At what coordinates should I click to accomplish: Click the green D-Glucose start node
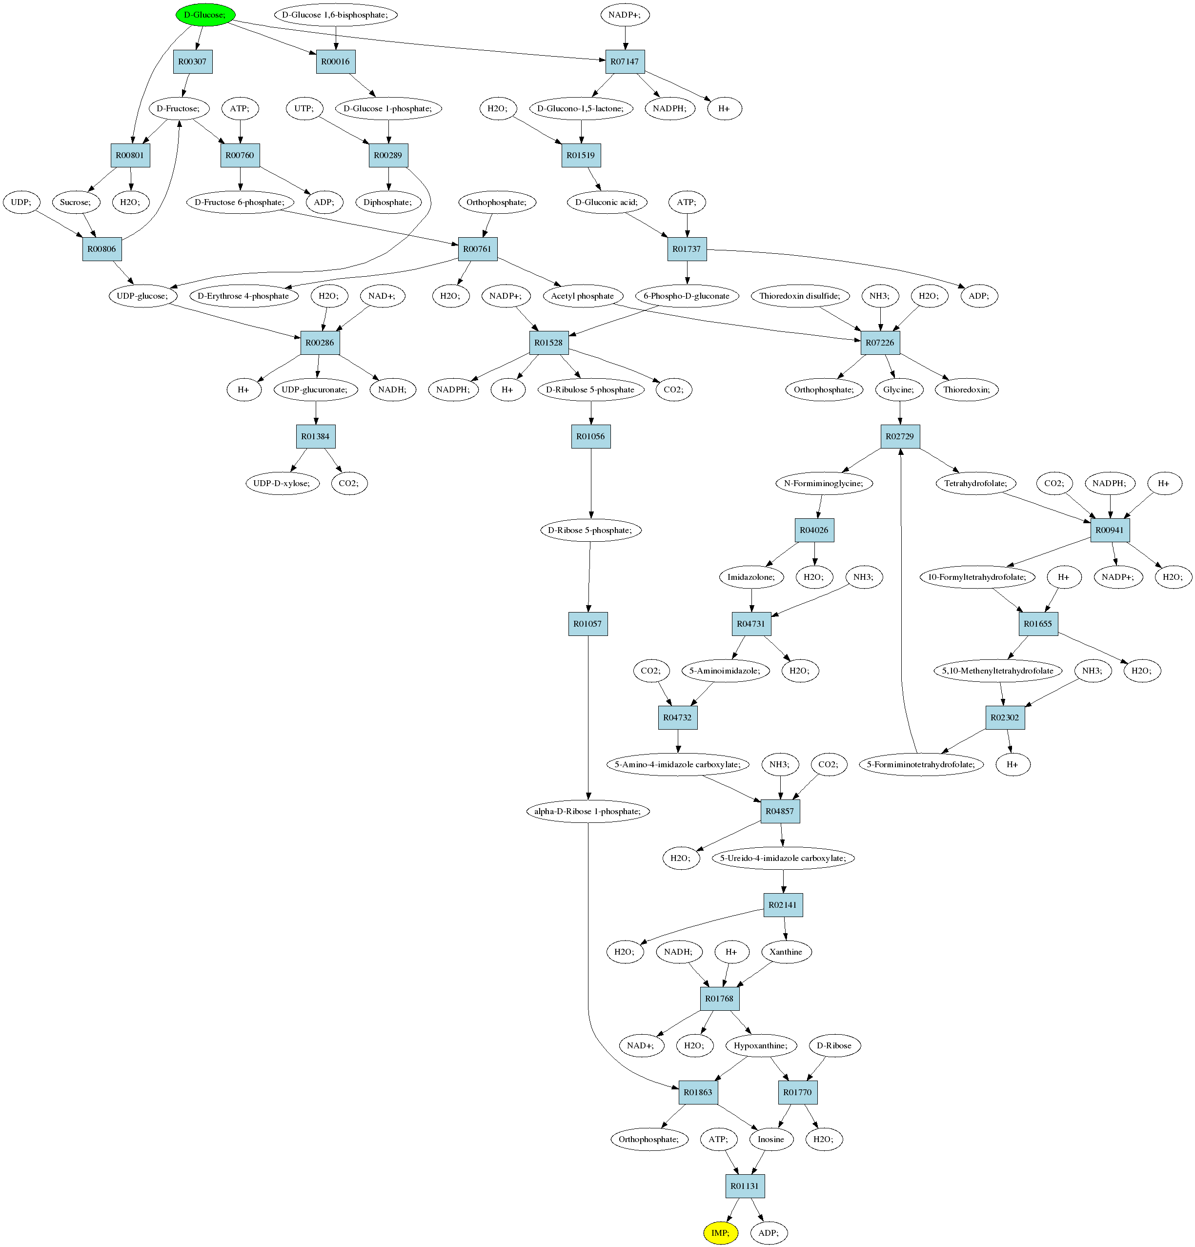pos(205,15)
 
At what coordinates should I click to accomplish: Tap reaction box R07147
pos(625,61)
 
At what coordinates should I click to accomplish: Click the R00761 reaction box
pos(478,249)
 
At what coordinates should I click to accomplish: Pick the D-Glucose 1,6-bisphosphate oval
pos(335,15)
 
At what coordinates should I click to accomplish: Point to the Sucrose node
pos(76,203)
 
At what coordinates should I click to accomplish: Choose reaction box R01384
pos(315,436)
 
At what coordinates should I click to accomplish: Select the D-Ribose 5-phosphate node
pos(590,530)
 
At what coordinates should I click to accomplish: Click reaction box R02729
pos(900,436)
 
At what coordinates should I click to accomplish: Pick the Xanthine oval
pos(786,952)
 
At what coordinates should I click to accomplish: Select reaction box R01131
pos(745,1186)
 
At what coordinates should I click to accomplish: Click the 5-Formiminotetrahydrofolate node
pos(921,764)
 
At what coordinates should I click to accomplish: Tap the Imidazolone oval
pos(751,577)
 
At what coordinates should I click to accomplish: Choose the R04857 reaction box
pos(780,811)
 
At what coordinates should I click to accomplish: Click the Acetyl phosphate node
pos(583,296)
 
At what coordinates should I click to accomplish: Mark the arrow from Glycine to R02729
pos(899,413)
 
